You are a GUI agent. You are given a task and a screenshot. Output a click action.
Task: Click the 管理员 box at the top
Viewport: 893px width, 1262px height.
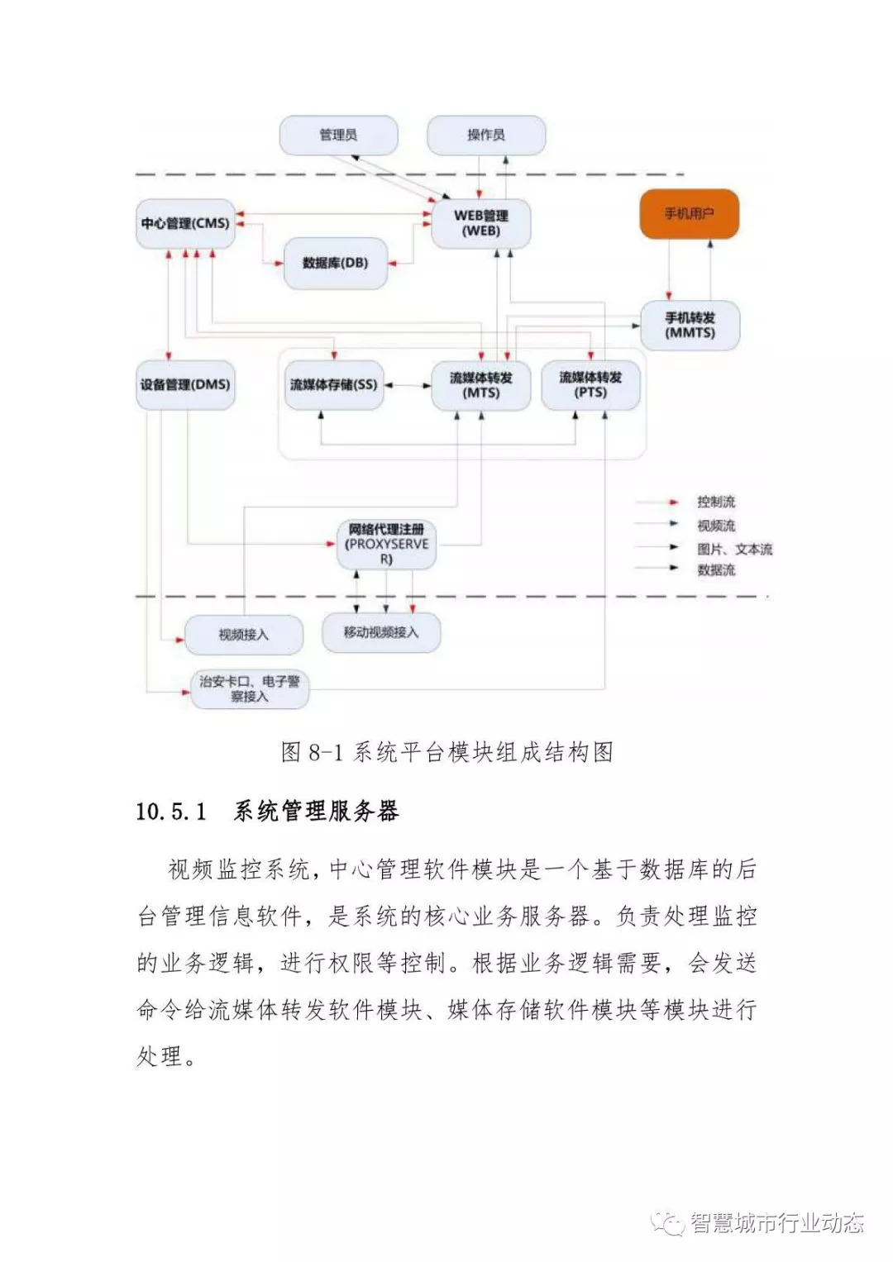coord(338,136)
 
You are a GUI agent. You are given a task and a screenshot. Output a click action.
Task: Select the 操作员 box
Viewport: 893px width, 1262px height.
coord(486,136)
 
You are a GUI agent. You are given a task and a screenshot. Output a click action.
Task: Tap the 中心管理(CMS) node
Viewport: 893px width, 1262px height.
coord(185,223)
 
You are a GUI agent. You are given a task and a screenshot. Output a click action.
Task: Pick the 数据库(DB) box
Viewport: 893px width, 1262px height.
coord(335,263)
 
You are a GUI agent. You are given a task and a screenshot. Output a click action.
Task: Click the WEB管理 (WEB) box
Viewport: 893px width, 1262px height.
coord(480,223)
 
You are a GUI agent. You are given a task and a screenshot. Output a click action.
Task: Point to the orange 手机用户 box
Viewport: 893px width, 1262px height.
coord(689,214)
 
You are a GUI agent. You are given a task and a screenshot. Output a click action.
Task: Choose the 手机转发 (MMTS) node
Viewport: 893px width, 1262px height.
coord(690,325)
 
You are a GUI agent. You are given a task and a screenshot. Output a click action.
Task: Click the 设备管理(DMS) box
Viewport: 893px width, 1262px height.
coord(185,384)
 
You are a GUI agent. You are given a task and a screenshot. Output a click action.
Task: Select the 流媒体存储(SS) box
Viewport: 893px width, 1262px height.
coord(333,385)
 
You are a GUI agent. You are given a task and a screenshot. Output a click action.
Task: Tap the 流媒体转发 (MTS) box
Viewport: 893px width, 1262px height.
coord(480,385)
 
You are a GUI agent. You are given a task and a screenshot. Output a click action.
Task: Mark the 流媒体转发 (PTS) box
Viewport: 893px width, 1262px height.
coord(590,385)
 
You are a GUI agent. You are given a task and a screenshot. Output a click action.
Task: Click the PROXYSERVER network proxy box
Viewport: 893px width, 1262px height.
coord(386,544)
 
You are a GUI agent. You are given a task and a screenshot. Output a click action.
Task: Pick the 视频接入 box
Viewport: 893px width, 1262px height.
coord(243,635)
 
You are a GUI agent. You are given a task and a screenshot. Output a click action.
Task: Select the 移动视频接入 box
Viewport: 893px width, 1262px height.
coord(381,632)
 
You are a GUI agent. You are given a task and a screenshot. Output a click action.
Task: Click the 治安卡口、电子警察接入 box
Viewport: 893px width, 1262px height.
coord(250,688)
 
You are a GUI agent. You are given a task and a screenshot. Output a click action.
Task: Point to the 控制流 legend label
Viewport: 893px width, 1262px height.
coord(715,502)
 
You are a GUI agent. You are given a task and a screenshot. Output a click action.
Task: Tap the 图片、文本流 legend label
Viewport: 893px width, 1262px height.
coord(734,549)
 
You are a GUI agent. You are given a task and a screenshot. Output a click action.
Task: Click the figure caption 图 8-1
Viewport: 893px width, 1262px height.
coord(311,752)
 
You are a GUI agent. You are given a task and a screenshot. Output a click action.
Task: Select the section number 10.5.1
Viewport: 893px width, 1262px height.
coord(171,812)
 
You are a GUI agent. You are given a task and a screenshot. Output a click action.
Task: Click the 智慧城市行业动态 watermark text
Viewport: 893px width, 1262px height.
coord(776,1222)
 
